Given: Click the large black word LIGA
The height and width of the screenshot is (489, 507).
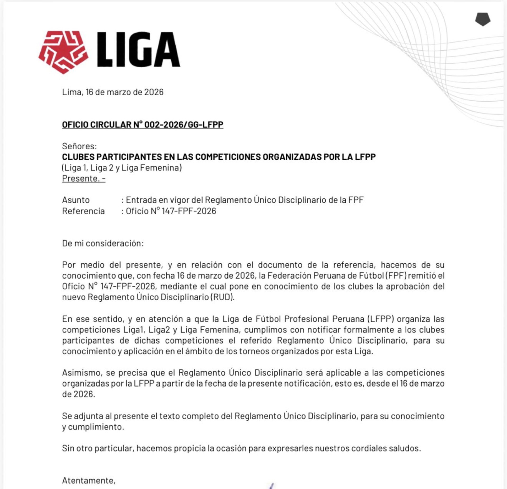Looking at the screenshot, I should point(138,49).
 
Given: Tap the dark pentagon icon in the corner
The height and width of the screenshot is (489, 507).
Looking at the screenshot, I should point(483,19).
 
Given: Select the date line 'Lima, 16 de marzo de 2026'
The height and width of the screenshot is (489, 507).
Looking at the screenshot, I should point(113,92).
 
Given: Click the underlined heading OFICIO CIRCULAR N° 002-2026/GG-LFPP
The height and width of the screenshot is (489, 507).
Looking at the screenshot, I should point(143,125).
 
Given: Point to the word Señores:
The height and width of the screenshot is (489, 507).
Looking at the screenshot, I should point(79,146).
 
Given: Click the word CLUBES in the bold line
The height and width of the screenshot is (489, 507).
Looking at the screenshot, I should point(78,157).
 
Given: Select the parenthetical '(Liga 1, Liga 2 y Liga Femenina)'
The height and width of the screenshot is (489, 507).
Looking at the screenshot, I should point(122,168).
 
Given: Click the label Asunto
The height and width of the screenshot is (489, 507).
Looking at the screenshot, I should point(76,200).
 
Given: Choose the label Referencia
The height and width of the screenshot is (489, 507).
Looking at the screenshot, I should point(83,211).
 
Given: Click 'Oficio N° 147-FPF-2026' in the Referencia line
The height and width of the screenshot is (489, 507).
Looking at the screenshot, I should point(171,211).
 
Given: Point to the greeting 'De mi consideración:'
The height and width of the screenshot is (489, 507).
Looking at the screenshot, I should point(103,243).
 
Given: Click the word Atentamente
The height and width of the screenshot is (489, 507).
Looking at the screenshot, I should point(88,481).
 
